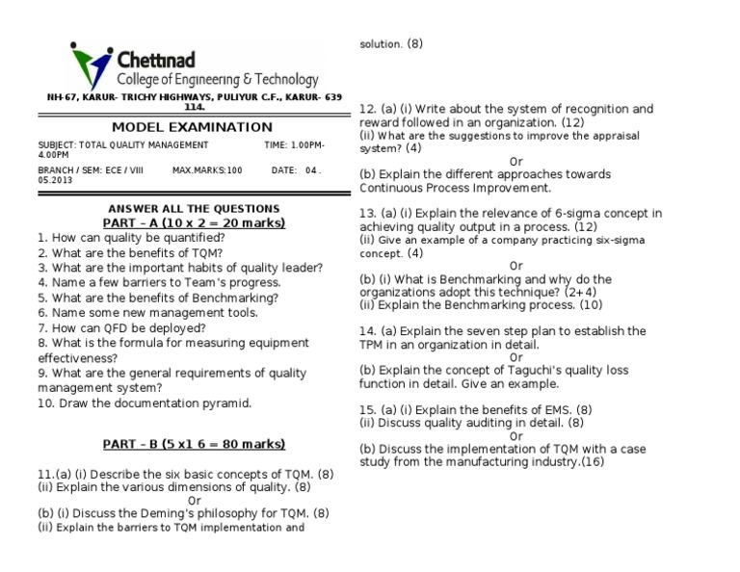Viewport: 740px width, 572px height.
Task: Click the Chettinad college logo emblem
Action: (91, 66)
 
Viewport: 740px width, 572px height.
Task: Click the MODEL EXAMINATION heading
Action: (192, 127)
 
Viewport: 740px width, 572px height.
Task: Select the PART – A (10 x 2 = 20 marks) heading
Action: (195, 222)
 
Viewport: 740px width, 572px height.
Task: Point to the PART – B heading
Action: (195, 444)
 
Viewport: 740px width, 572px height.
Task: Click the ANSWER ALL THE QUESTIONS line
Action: (194, 209)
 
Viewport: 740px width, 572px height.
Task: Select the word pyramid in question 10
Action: (226, 403)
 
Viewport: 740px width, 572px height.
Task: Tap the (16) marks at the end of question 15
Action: (592, 462)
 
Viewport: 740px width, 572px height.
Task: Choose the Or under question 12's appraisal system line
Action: (516, 161)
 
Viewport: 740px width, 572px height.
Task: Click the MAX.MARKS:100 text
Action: (207, 170)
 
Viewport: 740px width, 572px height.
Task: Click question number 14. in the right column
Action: (368, 331)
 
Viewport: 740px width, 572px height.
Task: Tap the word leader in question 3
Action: (304, 268)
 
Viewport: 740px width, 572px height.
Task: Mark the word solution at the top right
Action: (381, 44)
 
